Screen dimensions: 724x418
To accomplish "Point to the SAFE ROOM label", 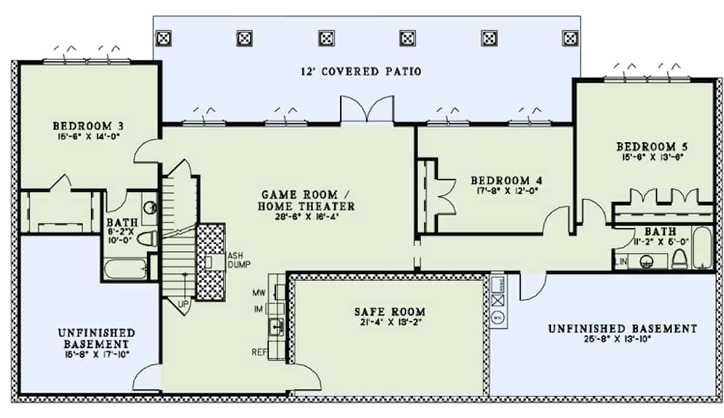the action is (x=389, y=312).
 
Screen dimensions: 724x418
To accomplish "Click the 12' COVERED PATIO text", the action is (x=361, y=71).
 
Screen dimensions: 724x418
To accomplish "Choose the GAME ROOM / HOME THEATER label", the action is (x=308, y=200).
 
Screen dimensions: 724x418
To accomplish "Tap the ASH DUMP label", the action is (x=238, y=260).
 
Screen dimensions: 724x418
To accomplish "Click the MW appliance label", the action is (x=259, y=293).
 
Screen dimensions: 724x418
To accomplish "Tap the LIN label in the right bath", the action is (x=621, y=262).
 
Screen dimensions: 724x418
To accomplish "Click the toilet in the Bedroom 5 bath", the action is (x=679, y=259).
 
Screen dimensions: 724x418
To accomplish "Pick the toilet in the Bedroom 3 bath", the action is (x=147, y=239).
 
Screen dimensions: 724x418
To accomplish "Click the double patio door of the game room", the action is (x=366, y=110).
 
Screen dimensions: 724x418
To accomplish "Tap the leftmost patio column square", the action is (x=162, y=39).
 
